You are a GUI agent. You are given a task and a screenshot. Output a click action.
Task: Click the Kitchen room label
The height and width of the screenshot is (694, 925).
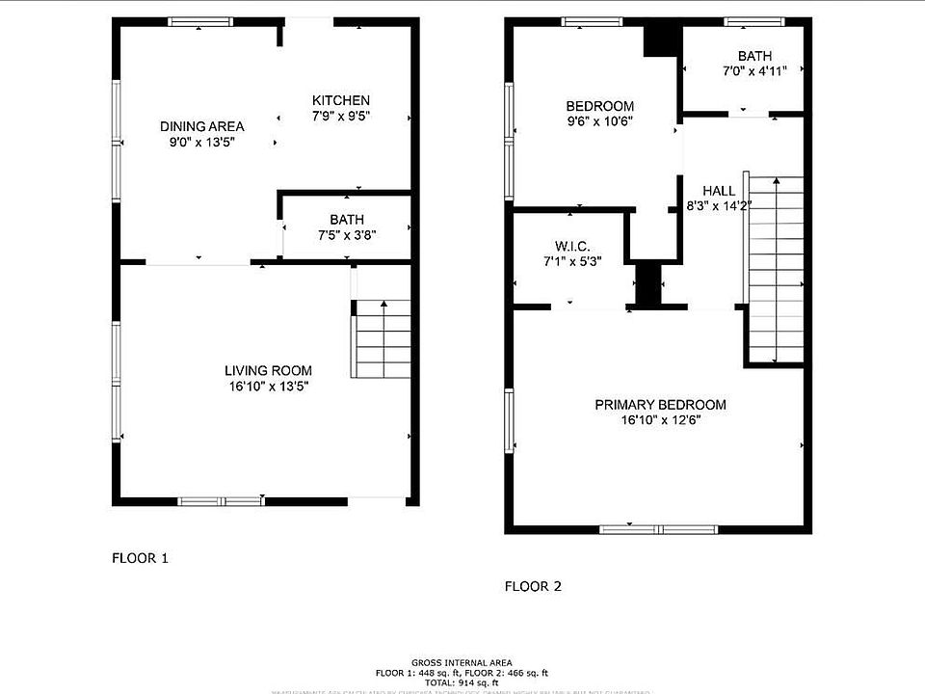click(x=340, y=100)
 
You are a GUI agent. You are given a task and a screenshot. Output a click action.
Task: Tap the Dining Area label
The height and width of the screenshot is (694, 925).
click(x=201, y=126)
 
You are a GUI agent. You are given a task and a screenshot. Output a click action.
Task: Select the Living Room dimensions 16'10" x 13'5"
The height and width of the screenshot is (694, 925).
click(x=268, y=387)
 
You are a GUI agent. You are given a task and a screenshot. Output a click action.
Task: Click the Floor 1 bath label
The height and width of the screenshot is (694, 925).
click(x=346, y=220)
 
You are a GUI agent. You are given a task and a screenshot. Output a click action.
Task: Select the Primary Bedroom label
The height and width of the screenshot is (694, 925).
click(x=660, y=405)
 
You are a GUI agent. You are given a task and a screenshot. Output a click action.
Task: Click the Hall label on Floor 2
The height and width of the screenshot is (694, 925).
click(x=718, y=191)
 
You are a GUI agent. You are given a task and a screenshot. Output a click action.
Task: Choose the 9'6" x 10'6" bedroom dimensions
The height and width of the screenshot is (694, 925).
click(x=598, y=121)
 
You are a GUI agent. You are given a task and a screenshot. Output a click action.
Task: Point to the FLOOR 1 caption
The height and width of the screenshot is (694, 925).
click(x=141, y=557)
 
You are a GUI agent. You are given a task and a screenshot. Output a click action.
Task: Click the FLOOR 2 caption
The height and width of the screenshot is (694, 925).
click(x=534, y=586)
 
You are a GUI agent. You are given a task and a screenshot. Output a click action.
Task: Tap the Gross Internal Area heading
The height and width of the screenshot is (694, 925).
click(x=462, y=662)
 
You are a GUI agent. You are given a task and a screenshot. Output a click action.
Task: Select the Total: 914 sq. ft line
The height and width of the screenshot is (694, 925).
click(x=462, y=681)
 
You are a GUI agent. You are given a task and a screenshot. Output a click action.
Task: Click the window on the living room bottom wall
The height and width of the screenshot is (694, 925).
click(x=222, y=500)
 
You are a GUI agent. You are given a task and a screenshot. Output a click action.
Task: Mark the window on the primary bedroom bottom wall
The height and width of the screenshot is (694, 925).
click(x=658, y=528)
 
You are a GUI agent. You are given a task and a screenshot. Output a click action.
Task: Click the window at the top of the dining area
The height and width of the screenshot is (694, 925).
click(x=199, y=22)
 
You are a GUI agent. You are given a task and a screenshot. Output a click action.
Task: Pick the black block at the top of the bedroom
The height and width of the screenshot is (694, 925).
click(x=661, y=40)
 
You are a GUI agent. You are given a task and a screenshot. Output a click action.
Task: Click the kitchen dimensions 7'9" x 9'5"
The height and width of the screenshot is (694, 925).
click(x=340, y=116)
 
